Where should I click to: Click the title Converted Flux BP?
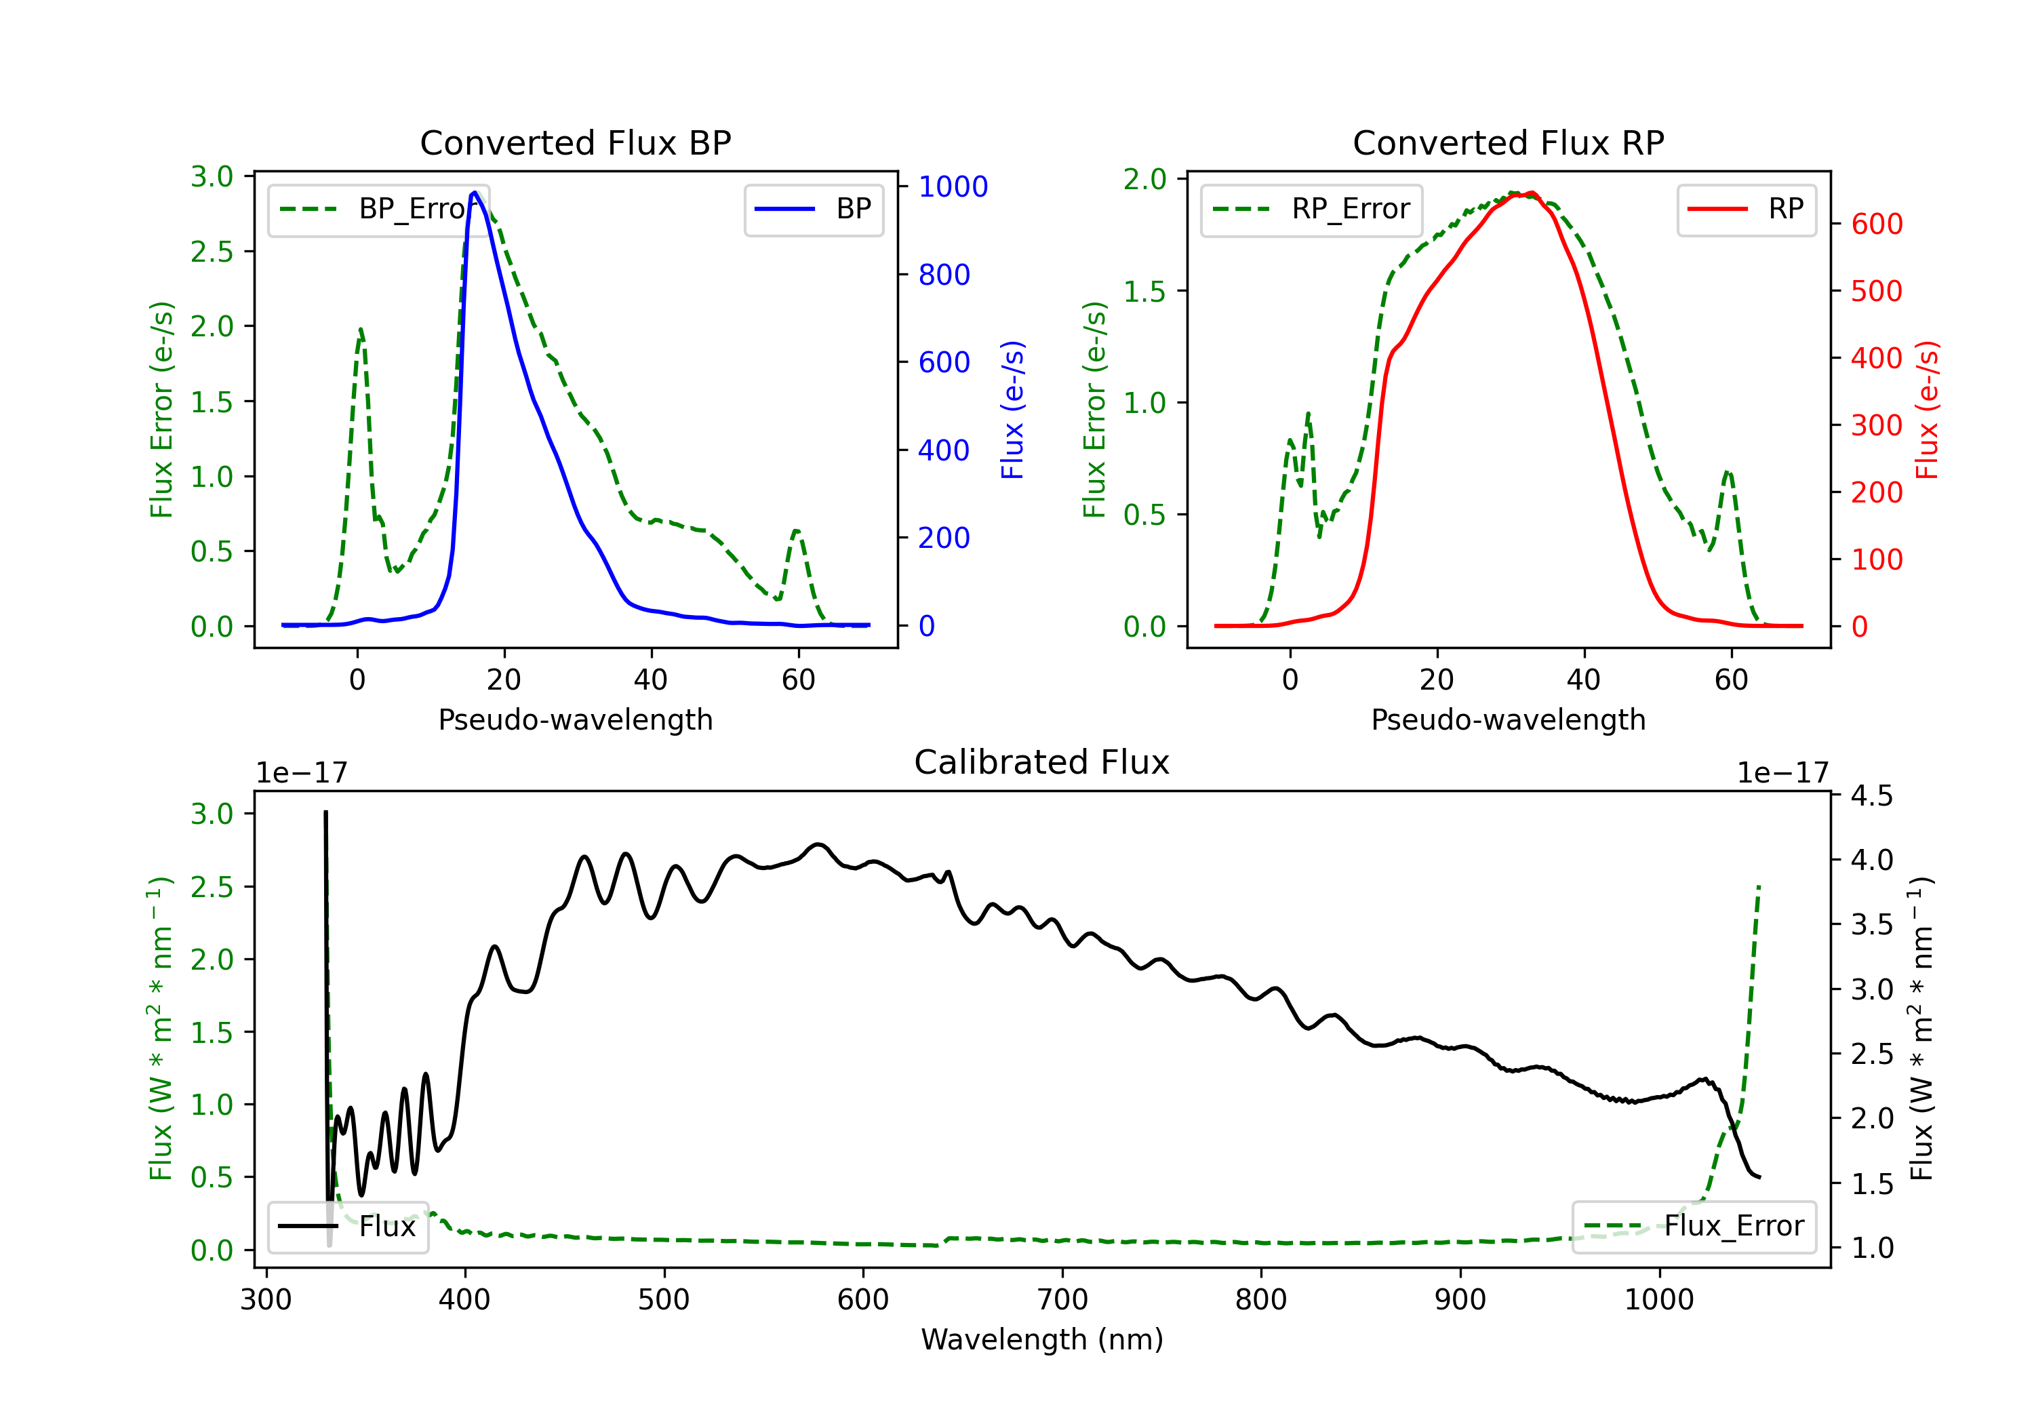click(x=575, y=142)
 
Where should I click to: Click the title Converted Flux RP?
click(x=1508, y=142)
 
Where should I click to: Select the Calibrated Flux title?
click(x=1042, y=762)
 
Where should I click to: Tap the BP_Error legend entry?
click(x=378, y=209)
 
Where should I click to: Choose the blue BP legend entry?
click(x=813, y=209)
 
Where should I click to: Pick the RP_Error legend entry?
click(x=1311, y=209)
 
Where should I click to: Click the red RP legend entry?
click(x=1746, y=209)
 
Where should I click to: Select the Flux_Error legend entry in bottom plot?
click(x=1694, y=1227)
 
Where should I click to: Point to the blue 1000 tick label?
click(x=953, y=187)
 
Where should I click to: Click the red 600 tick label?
click(x=1876, y=224)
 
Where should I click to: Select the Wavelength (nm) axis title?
click(x=1042, y=1340)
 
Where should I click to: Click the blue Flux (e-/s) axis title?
click(x=1012, y=410)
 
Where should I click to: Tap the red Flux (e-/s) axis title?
click(x=1927, y=410)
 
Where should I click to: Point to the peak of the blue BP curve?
click(x=475, y=193)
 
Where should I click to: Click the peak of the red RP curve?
click(x=1532, y=193)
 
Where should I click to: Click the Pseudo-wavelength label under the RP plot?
click(x=1508, y=719)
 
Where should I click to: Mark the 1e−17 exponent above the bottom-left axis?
click(x=301, y=773)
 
